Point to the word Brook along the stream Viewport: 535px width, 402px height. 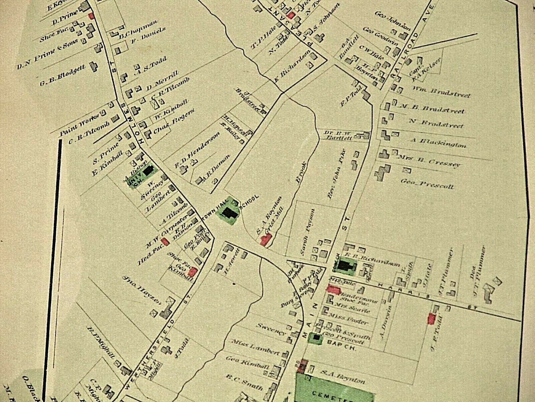pyautogui.click(x=301, y=172)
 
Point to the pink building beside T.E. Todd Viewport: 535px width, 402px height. pyautogui.click(x=431, y=319)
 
